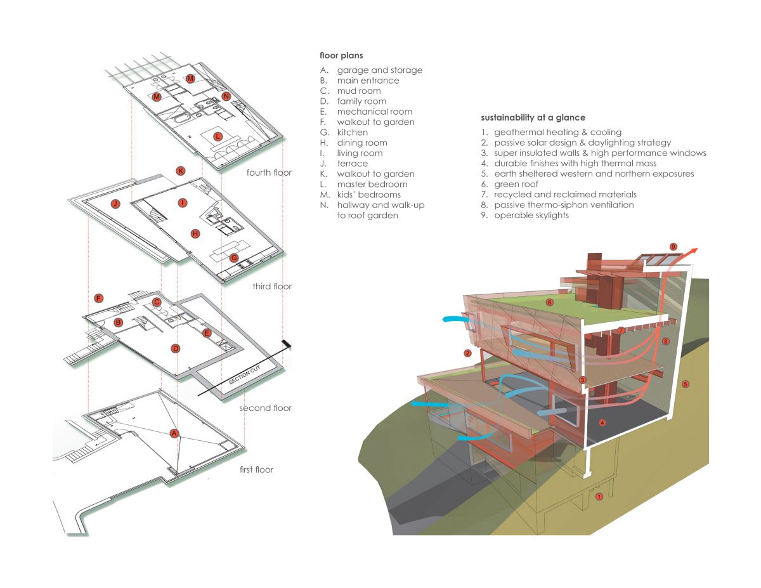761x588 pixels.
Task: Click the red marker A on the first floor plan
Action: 174,434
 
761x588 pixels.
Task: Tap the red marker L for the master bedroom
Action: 218,136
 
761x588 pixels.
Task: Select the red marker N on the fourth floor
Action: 226,96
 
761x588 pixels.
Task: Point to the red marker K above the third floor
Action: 180,171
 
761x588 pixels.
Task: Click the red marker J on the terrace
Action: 115,204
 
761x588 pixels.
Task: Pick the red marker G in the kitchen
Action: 234,258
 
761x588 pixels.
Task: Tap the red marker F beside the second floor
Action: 99,298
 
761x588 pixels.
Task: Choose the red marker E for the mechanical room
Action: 207,333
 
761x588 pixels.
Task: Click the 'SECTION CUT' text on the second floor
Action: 244,374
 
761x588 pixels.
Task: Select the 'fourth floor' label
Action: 269,173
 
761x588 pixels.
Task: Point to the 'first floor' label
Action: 256,469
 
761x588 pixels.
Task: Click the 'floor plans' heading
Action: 341,56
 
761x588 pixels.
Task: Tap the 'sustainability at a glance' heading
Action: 533,118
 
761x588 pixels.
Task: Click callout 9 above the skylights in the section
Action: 673,247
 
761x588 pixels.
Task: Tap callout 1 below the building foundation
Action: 599,497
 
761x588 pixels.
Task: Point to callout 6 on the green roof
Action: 550,302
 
